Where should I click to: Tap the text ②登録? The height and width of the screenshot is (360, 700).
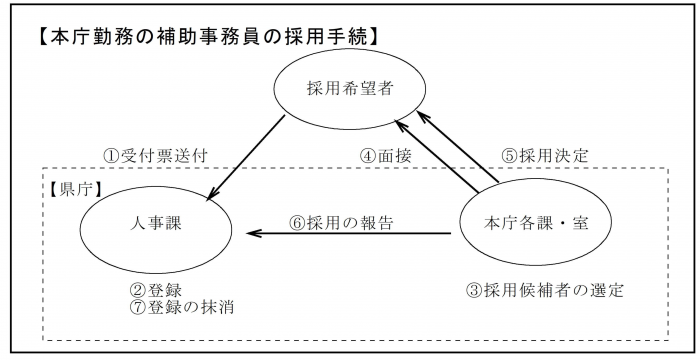coord(148,290)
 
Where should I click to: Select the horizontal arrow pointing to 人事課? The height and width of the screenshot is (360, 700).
coord(349,235)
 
